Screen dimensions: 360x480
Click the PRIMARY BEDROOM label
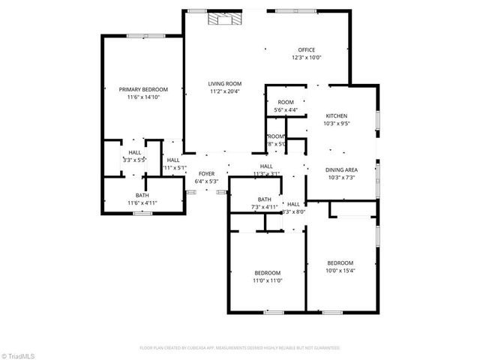(x=143, y=89)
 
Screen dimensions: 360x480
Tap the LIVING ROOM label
(x=224, y=84)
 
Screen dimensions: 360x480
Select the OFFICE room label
(x=307, y=50)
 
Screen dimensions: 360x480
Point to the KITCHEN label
(x=336, y=115)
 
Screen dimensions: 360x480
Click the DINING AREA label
(x=341, y=169)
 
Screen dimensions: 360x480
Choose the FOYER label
(x=206, y=173)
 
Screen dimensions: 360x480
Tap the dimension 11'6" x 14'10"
(x=143, y=97)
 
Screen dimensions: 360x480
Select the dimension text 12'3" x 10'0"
(x=307, y=58)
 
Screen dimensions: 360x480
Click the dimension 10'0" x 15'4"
(x=340, y=270)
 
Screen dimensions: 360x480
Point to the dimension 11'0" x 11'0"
(x=267, y=280)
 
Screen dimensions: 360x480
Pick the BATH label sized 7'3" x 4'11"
(x=264, y=199)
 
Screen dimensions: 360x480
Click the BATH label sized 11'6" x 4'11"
(x=142, y=195)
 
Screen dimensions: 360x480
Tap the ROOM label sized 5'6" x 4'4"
(x=286, y=103)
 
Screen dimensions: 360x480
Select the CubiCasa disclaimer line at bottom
(x=240, y=348)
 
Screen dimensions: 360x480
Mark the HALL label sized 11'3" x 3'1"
(x=266, y=166)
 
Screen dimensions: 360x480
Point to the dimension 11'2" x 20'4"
(x=224, y=91)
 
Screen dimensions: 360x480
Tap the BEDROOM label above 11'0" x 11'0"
(x=267, y=273)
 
